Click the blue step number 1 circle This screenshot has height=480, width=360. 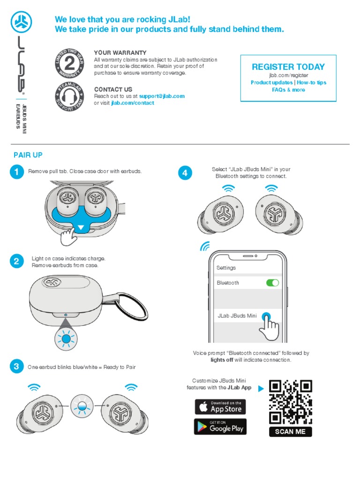pos(16,172)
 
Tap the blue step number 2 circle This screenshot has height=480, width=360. pos(16,261)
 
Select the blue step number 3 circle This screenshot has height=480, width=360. pos(16,367)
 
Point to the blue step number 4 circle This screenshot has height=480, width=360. pos(185,173)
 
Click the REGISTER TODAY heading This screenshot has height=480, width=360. pos(288,67)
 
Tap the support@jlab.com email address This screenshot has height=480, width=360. pos(162,96)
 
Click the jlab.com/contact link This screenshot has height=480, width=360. pos(133,103)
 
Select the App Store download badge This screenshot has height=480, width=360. pos(220,406)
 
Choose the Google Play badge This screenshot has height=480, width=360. pos(220,427)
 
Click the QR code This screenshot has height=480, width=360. pos(291,401)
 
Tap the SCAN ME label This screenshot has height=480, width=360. pos(291,432)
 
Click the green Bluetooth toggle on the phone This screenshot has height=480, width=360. pos(272,283)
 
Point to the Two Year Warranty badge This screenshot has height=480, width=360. pos(69,64)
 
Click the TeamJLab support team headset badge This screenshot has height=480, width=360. pos(69,97)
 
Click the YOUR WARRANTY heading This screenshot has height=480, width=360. pos(120,53)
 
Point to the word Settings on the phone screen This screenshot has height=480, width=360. pos(226,268)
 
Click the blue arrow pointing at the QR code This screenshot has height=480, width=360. pos(261,388)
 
